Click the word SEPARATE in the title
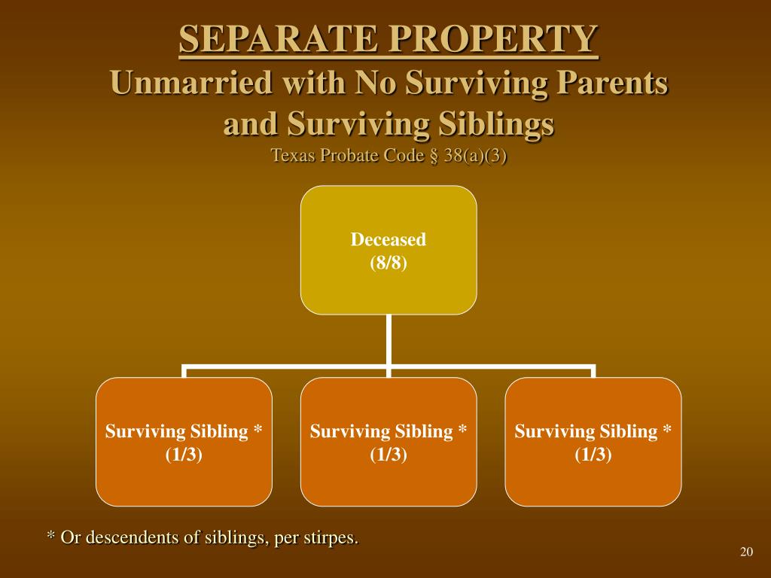click(278, 38)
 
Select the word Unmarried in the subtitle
click(191, 82)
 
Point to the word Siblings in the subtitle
click(497, 124)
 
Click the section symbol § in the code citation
click(434, 156)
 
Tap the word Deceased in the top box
click(389, 239)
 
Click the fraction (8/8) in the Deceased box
click(389, 263)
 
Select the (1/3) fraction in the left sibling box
click(184, 454)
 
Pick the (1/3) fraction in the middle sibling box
click(389, 454)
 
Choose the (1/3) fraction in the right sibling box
click(593, 454)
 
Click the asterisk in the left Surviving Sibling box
click(258, 428)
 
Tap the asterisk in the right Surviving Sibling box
click(667, 428)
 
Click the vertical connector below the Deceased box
click(389, 340)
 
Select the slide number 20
click(746, 552)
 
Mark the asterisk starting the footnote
click(50, 535)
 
